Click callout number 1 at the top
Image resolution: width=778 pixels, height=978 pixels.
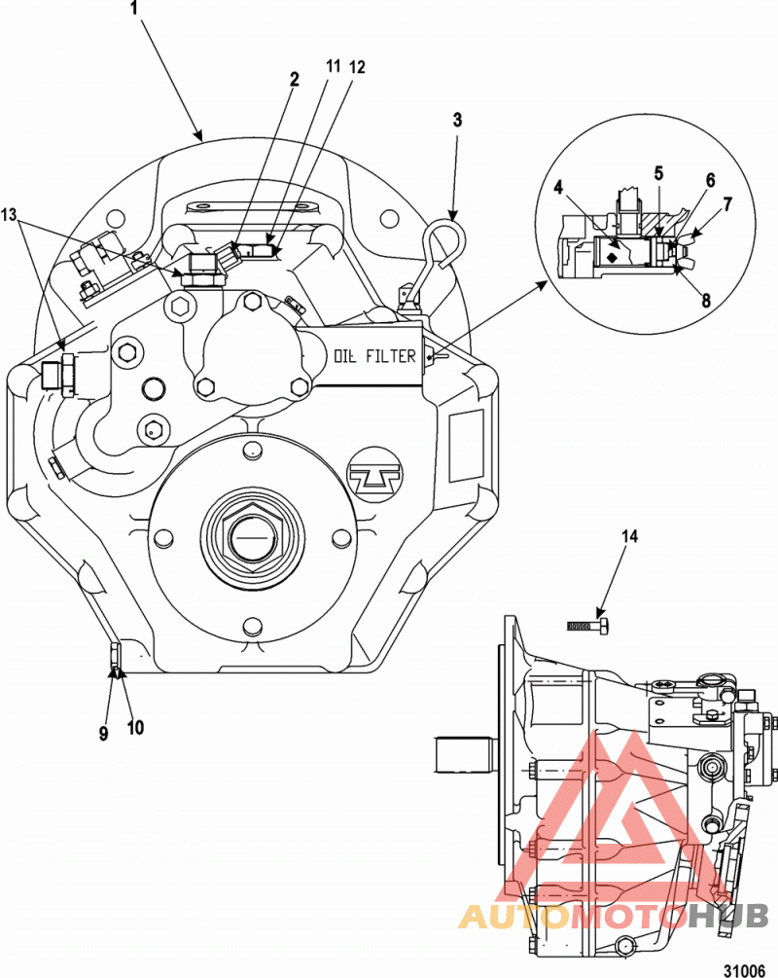pos(133,8)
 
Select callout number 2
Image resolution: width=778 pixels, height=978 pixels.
pos(294,79)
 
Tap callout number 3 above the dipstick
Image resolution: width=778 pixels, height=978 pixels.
pos(457,120)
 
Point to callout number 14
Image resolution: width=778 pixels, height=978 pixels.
pos(629,536)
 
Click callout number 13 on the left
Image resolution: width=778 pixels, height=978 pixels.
pos(10,215)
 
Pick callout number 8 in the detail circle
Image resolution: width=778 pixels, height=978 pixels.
pos(706,301)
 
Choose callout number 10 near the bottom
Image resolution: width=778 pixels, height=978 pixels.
pos(135,727)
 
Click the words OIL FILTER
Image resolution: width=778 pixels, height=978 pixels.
pos(374,356)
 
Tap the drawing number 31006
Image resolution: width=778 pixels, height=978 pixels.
pos(744,970)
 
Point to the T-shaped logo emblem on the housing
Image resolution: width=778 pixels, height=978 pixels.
pos(375,477)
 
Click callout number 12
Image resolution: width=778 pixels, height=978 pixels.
pos(357,67)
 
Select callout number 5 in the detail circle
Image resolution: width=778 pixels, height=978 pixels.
pos(658,173)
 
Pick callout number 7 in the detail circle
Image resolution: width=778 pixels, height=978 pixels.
pos(726,203)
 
